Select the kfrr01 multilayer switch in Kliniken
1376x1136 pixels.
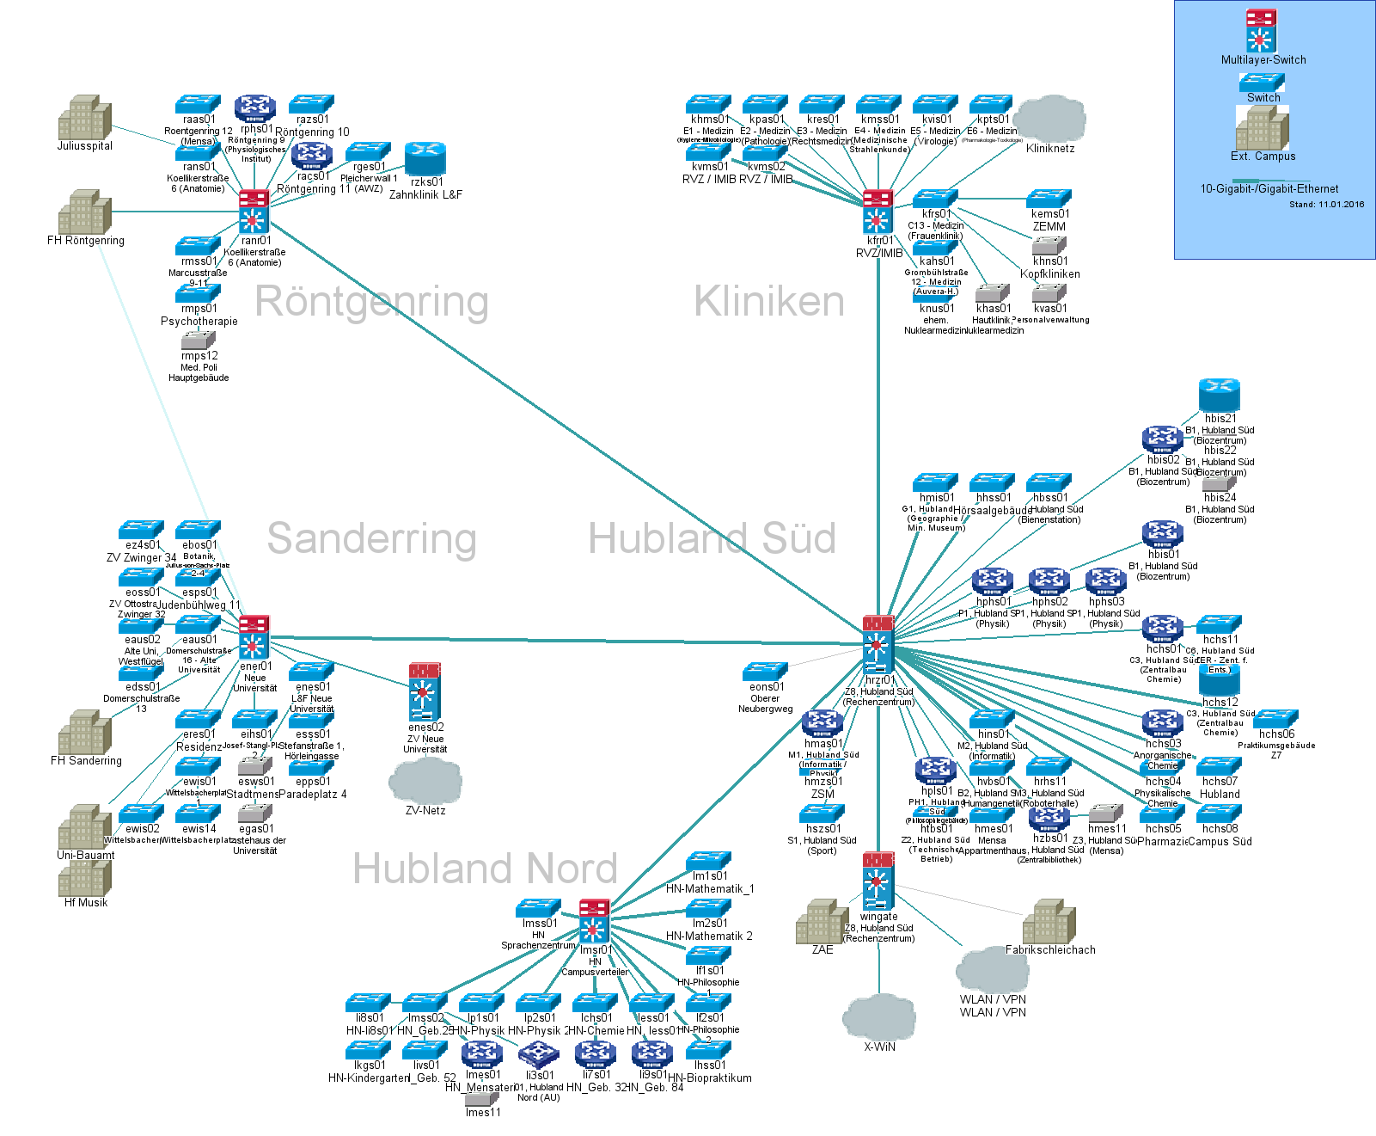click(878, 212)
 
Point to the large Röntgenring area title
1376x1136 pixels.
click(371, 302)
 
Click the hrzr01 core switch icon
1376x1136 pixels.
click(878, 645)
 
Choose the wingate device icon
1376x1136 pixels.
click(878, 881)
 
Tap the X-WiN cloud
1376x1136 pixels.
click(878, 1016)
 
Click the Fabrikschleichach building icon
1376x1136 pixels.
click(1049, 921)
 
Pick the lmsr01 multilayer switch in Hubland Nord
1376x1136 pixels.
click(594, 921)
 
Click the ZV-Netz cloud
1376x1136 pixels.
click(425, 779)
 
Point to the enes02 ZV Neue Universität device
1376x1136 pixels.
click(425, 691)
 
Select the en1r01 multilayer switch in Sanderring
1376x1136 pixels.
click(254, 637)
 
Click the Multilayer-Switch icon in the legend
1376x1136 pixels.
click(1261, 31)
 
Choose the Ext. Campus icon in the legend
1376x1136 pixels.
click(1262, 128)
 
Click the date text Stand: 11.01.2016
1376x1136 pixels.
click(1326, 205)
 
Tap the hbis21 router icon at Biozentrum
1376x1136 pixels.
click(1220, 396)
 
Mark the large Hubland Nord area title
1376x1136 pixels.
click(485, 869)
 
